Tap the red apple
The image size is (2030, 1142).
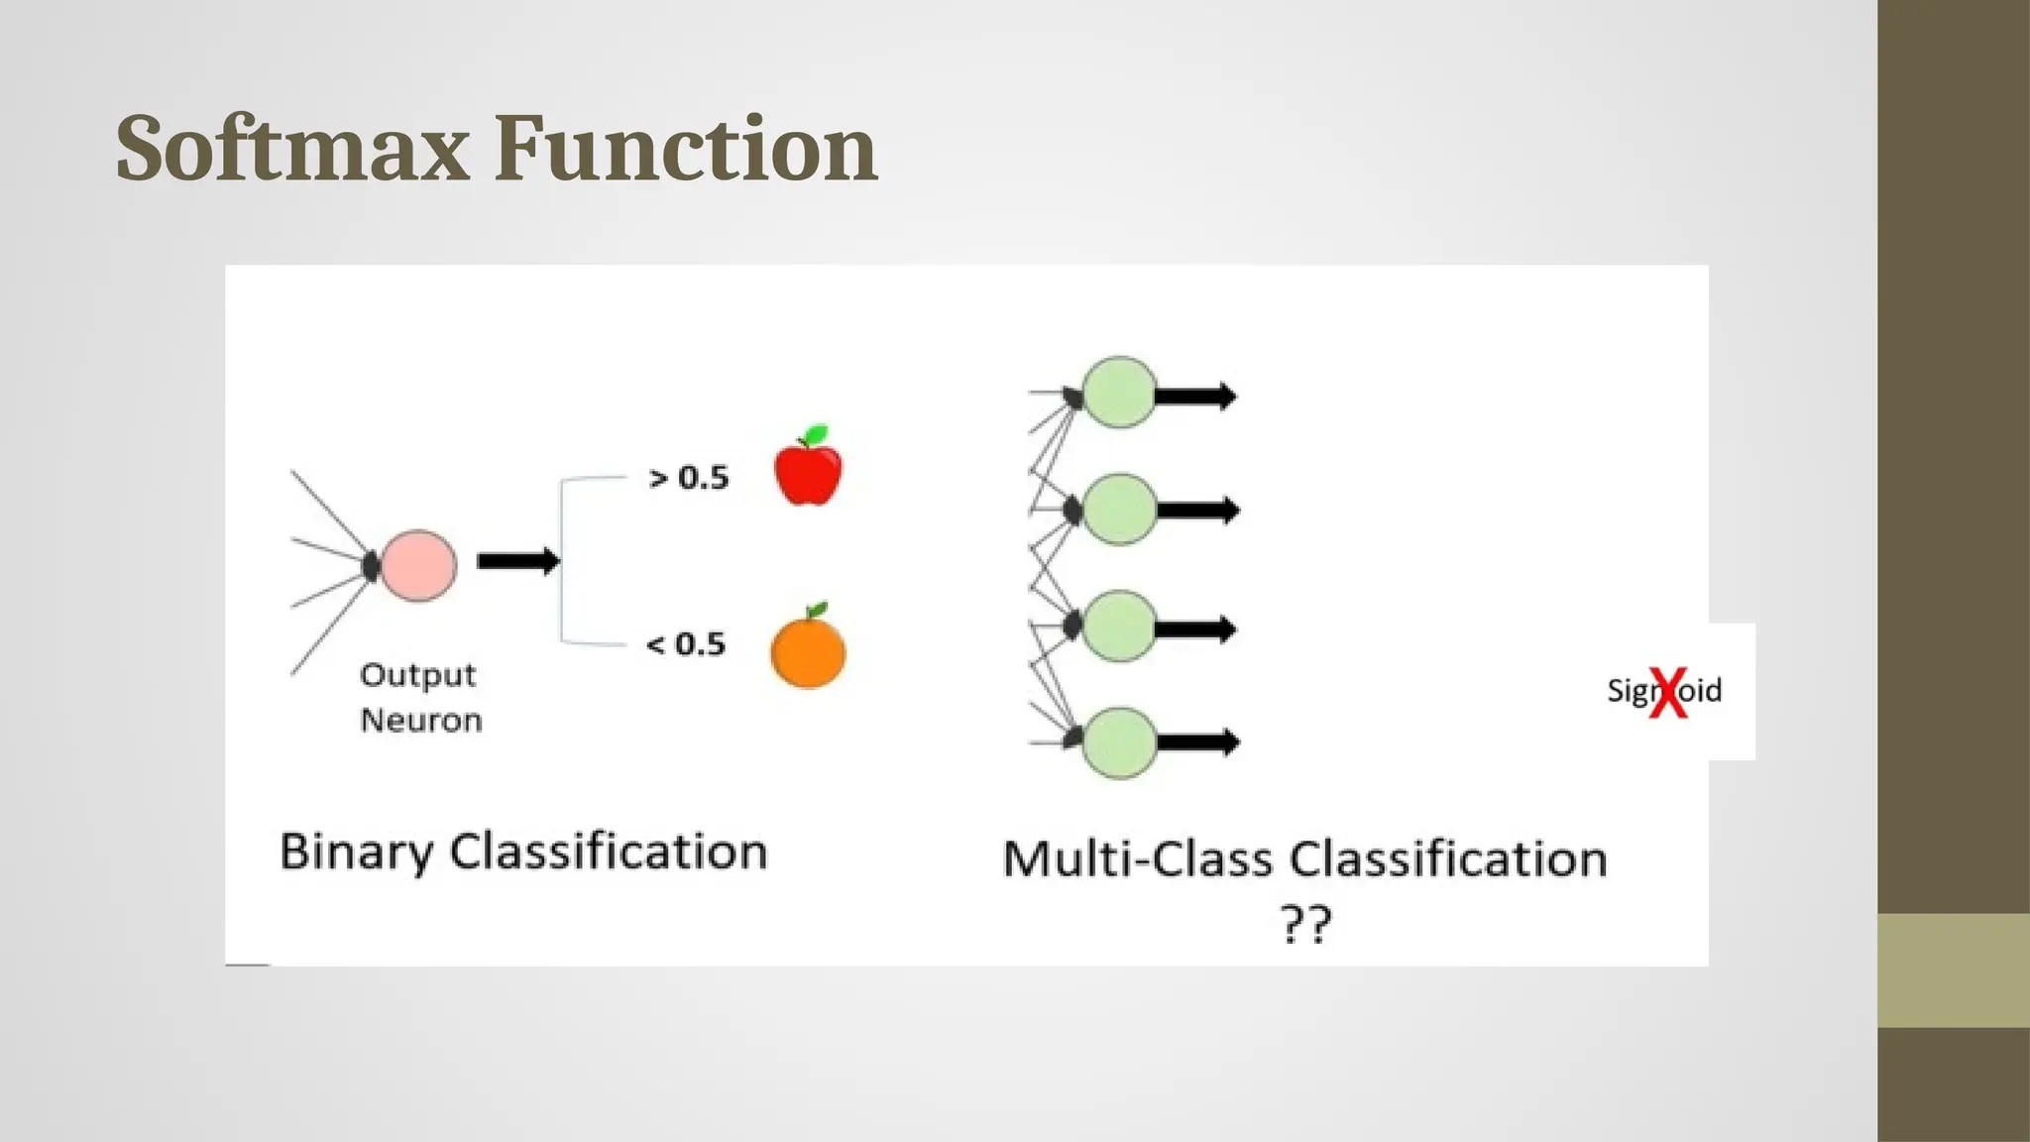[x=808, y=474]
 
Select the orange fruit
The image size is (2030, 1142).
[x=808, y=652]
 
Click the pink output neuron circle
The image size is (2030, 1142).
[x=418, y=566]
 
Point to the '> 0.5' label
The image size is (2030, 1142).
[x=688, y=478]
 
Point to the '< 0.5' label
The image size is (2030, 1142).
[x=686, y=644]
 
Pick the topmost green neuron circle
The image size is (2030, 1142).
[x=1119, y=393]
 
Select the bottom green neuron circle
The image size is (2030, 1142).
[x=1119, y=742]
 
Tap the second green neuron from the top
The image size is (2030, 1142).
[x=1119, y=510]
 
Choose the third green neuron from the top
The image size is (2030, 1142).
[x=1119, y=626]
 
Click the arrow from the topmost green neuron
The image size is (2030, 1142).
[x=1195, y=397]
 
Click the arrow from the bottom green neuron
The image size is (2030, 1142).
[x=1197, y=742]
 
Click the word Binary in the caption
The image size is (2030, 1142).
[x=357, y=853]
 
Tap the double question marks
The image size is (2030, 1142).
[x=1304, y=924]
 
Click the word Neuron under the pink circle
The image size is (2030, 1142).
[x=421, y=721]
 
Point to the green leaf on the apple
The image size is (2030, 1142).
[x=816, y=434]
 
